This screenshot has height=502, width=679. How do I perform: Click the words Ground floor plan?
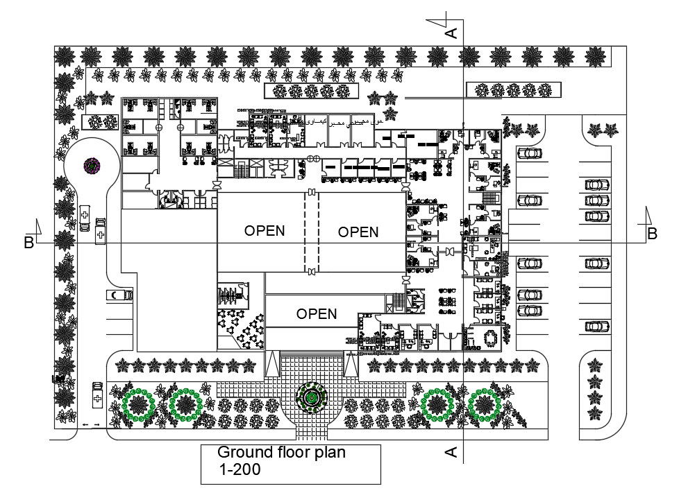[281, 453]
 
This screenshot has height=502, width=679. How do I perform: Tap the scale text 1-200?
[240, 470]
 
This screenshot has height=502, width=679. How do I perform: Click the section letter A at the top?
[451, 33]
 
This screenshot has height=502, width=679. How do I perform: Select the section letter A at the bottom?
[451, 452]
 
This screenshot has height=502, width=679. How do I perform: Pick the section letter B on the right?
[651, 234]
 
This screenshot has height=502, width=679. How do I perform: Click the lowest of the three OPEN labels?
[317, 314]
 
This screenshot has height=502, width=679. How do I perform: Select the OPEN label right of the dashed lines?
[358, 232]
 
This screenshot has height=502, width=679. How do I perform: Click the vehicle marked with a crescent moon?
[119, 295]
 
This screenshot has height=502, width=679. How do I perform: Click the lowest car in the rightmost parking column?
[596, 326]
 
